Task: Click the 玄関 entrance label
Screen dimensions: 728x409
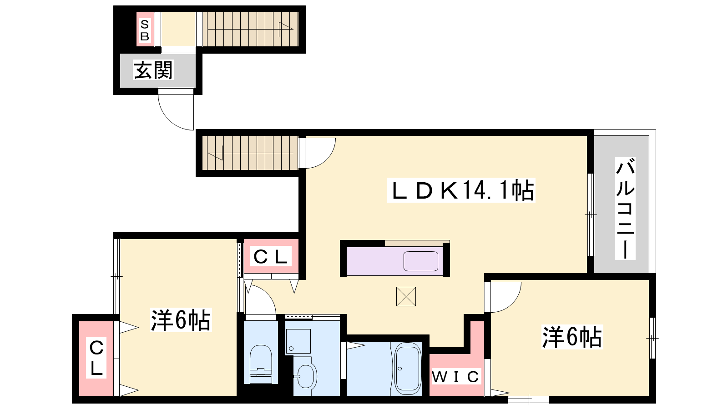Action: click(153, 70)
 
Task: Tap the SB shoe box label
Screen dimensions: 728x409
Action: click(145, 30)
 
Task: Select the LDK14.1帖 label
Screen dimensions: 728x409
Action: click(461, 190)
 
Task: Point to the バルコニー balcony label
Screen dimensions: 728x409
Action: click(625, 209)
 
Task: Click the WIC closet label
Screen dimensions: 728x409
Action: click(455, 377)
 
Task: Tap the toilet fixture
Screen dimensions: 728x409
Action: click(261, 364)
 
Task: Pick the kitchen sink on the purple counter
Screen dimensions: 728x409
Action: click(421, 261)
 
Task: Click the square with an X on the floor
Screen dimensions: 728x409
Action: click(406, 296)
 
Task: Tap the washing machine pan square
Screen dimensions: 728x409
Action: click(298, 341)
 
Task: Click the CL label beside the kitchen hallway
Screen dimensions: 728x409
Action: click(271, 257)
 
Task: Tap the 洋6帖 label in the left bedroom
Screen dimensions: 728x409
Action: click(181, 320)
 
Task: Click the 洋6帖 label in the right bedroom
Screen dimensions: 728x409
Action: click(571, 337)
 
